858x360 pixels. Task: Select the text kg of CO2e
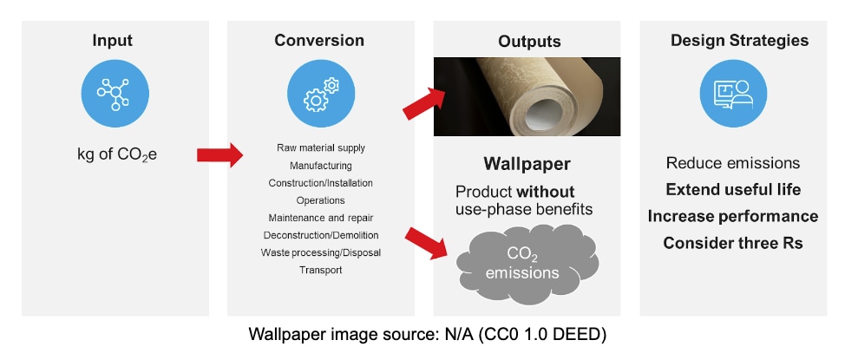coord(115,156)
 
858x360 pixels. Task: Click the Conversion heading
coord(319,41)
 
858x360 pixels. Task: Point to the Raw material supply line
coord(320,147)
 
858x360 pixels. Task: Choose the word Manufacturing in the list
coord(320,165)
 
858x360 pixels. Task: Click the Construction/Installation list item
coord(320,183)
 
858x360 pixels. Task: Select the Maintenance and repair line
coord(320,218)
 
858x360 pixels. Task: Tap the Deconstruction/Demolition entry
coord(320,235)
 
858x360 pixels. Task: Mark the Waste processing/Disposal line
coord(320,252)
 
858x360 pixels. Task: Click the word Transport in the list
coord(320,270)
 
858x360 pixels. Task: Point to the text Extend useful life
coord(733,189)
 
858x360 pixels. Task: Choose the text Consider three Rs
coord(733,243)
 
